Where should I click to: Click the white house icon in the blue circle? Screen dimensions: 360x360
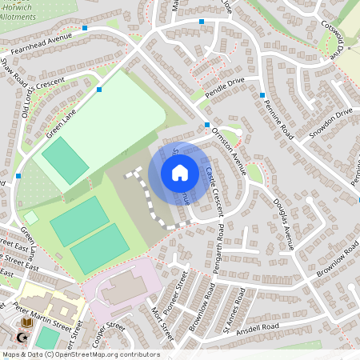tap(180, 172)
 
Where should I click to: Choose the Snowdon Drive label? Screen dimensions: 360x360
tap(331, 115)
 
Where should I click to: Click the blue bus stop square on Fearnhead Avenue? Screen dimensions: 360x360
tap(85, 28)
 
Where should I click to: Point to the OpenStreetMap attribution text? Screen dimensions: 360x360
tap(80, 354)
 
